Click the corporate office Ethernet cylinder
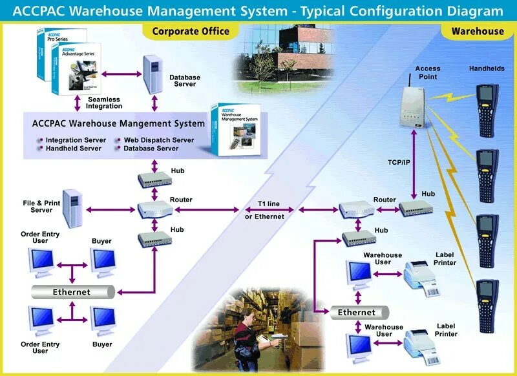coord(73,292)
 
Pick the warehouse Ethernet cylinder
coord(357,313)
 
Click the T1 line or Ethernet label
coord(264,210)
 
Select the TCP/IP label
coord(399,162)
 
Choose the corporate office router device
coord(154,208)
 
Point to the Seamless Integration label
coord(105,103)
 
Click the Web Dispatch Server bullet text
coord(158,140)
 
